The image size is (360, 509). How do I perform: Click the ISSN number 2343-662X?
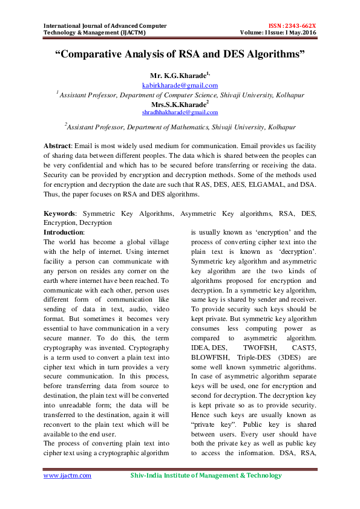[x=301, y=26]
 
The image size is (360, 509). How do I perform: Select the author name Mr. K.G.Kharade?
[x=180, y=76]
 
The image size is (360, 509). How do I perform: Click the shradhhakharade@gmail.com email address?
[x=180, y=112]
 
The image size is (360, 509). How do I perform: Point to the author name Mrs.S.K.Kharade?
[x=180, y=104]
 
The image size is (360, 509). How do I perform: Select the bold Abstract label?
[x=57, y=146]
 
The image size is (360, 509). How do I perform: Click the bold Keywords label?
[x=60, y=213]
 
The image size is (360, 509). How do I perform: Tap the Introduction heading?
[x=64, y=232]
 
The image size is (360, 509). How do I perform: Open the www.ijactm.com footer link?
[x=67, y=475]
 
